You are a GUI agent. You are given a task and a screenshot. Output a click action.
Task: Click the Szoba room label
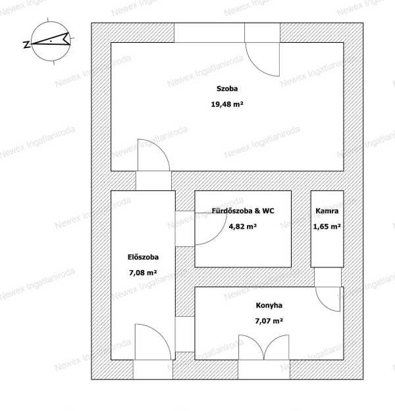point(227,89)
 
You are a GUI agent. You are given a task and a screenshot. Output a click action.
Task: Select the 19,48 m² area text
point(227,104)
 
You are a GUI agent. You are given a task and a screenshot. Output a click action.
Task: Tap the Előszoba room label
point(143,257)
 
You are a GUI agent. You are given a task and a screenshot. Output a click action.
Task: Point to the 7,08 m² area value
point(143,273)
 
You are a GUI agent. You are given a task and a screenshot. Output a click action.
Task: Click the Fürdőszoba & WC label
point(243,211)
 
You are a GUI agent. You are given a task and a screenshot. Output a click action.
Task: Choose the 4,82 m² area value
point(243,227)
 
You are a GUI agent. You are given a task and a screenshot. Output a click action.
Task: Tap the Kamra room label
point(327,211)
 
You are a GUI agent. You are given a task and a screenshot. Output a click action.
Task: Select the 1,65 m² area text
point(327,227)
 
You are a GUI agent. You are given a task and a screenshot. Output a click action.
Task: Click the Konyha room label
point(269,306)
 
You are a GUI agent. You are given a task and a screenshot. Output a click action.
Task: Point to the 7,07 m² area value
point(269,321)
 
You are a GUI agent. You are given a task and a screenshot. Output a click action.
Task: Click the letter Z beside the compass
point(26,45)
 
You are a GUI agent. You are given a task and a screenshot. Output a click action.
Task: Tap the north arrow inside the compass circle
point(51,40)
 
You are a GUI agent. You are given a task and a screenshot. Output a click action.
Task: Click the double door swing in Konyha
point(264,346)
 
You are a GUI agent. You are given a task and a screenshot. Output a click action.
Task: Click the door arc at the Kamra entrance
point(325,304)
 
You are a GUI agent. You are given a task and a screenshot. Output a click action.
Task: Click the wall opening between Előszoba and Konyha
point(185,334)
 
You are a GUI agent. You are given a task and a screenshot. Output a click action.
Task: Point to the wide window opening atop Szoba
point(209,32)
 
